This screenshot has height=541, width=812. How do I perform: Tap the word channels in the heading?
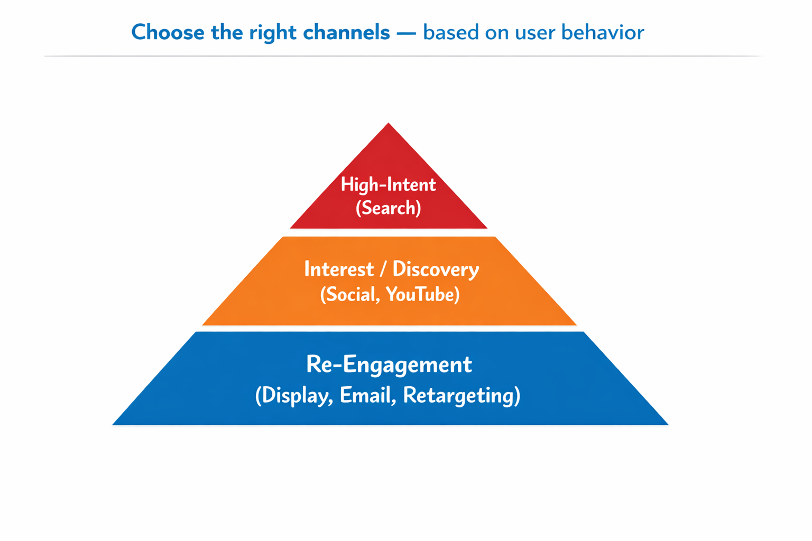coord(346,33)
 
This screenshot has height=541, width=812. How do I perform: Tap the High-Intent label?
coord(389,184)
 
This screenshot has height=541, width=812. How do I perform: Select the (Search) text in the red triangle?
coord(389,208)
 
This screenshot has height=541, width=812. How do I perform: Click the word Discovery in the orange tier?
coord(436,269)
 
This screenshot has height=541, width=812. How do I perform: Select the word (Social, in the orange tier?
coord(350,294)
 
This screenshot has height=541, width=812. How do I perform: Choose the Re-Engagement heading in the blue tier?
coord(389,365)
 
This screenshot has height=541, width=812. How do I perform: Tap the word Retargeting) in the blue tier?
coord(462,396)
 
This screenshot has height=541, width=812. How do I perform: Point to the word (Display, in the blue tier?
coord(294,396)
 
